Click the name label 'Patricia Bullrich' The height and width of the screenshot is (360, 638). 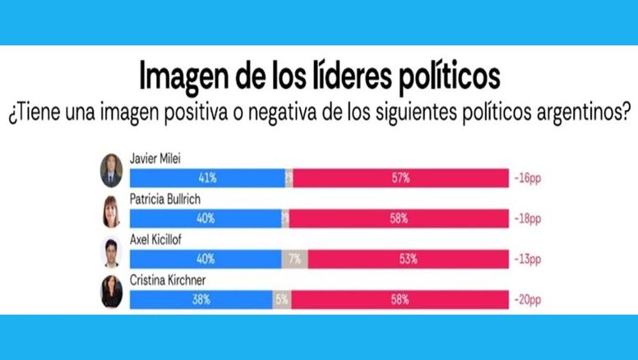coord(164,200)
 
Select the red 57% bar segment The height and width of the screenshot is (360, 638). coord(400,178)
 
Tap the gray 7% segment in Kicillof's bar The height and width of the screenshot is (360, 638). coord(294,260)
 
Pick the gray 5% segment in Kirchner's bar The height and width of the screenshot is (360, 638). coord(282,300)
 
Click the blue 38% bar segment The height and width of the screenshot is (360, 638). coord(201,300)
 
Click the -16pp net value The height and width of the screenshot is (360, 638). coord(529,178)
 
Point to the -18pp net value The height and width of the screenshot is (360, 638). coord(529,219)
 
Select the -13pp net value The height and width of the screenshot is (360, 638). coord(529,260)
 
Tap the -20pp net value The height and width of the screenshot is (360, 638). coord(529,300)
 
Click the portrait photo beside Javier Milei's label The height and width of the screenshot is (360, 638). coord(111,169)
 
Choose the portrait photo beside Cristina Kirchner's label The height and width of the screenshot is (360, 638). coord(111,291)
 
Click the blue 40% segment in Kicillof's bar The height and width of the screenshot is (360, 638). coord(206,260)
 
